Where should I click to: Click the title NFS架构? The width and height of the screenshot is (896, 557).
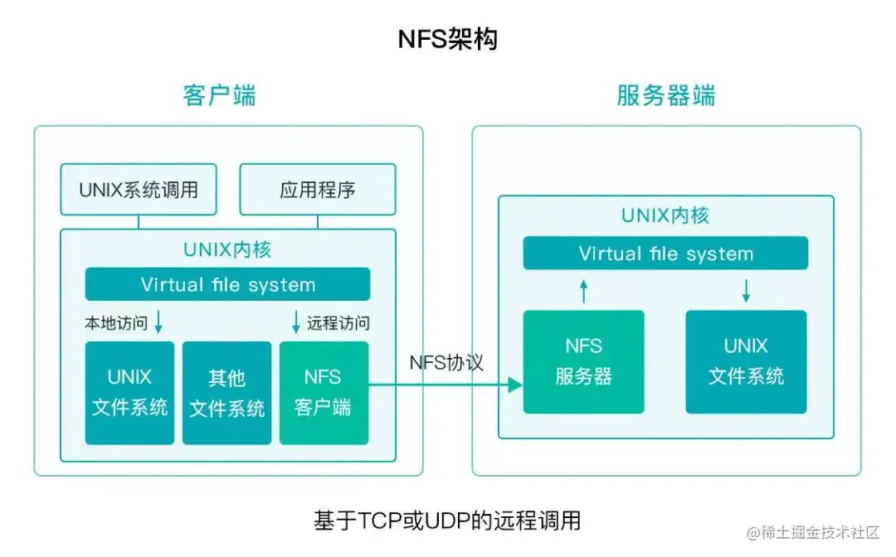448,39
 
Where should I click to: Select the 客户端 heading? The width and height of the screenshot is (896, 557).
219,95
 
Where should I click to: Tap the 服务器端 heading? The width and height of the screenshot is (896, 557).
665,95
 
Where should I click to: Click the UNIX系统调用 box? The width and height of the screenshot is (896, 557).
139,190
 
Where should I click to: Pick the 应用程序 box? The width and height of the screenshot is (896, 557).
318,190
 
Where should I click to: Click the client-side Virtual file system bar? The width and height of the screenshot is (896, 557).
227,285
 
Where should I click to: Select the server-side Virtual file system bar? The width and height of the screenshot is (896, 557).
665,254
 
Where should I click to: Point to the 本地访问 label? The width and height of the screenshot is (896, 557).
116,323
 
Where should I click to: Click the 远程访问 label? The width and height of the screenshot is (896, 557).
338,323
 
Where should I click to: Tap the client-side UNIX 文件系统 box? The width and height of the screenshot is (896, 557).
129,392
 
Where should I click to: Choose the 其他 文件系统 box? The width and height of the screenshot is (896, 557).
226,392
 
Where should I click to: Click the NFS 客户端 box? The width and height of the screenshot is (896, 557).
323,392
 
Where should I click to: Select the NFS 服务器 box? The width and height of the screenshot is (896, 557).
583,361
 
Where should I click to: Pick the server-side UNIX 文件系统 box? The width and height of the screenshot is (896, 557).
746,361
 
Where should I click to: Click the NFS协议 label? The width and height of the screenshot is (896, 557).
446,363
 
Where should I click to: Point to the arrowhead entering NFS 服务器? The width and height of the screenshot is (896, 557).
515,385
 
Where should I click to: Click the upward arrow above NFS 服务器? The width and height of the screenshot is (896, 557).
583,290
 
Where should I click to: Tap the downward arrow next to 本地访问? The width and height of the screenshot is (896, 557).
158,322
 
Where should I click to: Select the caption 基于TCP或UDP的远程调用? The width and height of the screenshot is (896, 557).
447,521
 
